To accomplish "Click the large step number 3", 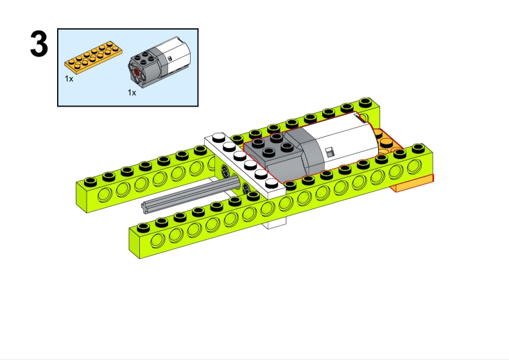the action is coord(39,44).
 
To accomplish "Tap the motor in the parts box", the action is coord(160,62).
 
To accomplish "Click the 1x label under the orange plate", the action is coord(69,79).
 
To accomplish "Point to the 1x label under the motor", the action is coord(132,93).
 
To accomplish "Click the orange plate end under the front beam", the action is coord(413,183).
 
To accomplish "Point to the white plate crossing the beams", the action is coord(245,161).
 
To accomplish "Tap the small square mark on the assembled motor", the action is coord(329,152).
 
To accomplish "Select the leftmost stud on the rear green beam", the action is coord(91,181).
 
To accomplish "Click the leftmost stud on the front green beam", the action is coord(143,227).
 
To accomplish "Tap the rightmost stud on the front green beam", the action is coord(418,148).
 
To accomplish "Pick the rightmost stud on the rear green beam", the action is coord(365,101).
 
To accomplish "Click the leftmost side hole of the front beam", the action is coord(157,241).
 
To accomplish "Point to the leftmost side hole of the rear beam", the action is coord(105,196).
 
